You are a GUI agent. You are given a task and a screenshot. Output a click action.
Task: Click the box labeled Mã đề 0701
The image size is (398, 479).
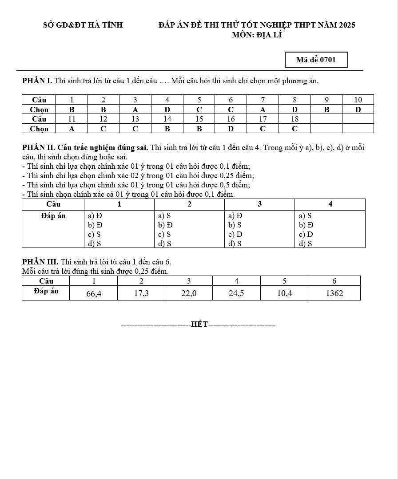click(x=316, y=60)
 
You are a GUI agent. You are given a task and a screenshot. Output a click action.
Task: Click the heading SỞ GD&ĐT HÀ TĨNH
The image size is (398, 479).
click(x=83, y=25)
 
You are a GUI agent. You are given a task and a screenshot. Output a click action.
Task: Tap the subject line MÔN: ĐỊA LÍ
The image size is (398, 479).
click(x=257, y=35)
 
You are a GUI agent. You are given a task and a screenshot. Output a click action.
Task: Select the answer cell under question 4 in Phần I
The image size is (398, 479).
click(x=167, y=110)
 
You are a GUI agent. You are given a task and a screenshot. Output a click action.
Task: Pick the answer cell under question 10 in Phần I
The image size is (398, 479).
click(x=358, y=110)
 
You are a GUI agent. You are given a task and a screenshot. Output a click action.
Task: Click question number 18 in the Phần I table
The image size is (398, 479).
click(x=295, y=119)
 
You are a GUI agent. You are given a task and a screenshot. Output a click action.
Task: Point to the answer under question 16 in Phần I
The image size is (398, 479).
click(x=231, y=129)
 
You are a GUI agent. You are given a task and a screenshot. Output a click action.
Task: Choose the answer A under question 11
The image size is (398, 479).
click(x=72, y=129)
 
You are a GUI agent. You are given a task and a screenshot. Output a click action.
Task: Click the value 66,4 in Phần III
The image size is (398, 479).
click(x=93, y=293)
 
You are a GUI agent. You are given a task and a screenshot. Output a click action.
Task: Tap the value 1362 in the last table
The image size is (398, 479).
click(x=334, y=293)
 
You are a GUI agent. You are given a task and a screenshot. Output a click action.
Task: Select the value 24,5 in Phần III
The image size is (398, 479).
click(x=236, y=293)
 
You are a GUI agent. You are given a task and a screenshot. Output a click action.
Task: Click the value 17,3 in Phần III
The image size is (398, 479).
click(x=141, y=293)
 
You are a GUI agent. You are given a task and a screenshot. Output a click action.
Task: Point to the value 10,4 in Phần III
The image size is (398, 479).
click(x=284, y=293)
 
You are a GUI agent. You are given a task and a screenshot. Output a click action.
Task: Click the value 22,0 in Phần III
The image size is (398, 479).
click(x=189, y=293)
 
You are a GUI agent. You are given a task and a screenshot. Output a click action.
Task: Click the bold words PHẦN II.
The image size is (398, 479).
click(x=38, y=148)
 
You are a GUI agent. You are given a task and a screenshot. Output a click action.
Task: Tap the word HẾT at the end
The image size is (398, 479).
click(x=199, y=325)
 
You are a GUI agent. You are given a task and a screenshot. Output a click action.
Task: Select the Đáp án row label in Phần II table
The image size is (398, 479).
click(x=53, y=216)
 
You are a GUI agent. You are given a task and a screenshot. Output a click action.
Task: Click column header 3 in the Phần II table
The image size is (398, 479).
click(x=259, y=204)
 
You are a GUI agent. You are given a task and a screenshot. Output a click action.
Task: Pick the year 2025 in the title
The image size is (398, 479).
click(x=347, y=25)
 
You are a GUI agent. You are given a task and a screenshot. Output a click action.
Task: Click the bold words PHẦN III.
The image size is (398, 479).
click(x=40, y=262)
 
